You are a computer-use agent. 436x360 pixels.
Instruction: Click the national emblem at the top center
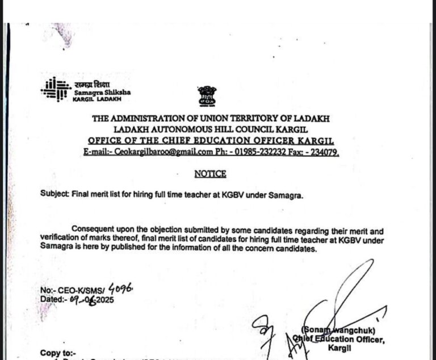click(207, 96)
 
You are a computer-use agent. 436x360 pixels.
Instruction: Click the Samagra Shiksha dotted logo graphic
click(56, 89)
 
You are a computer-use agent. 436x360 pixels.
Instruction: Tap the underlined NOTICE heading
click(210, 174)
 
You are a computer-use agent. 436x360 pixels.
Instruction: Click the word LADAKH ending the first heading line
click(311, 118)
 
